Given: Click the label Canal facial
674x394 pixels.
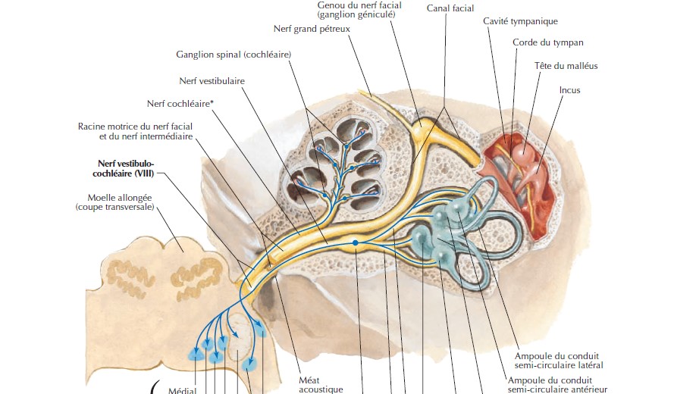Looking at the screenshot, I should pyautogui.click(x=450, y=8).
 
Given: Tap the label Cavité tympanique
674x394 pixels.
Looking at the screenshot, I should pyautogui.click(x=520, y=21).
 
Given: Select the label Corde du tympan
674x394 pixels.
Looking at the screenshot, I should pyautogui.click(x=547, y=43).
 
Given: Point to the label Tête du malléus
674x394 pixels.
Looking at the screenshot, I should pyautogui.click(x=566, y=66).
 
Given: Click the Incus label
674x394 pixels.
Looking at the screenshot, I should pyautogui.click(x=569, y=90).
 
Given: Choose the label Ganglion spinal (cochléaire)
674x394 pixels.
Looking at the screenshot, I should pyautogui.click(x=234, y=55).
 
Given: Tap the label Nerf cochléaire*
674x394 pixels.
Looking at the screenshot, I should pyautogui.click(x=180, y=103).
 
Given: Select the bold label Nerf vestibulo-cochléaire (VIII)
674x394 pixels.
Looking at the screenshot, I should pyautogui.click(x=126, y=167).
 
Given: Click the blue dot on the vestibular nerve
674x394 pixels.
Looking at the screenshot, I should pyautogui.click(x=355, y=242).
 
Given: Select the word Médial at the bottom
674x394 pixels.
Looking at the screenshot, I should pyautogui.click(x=182, y=390).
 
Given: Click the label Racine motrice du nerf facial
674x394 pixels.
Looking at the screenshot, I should pyautogui.click(x=135, y=127).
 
